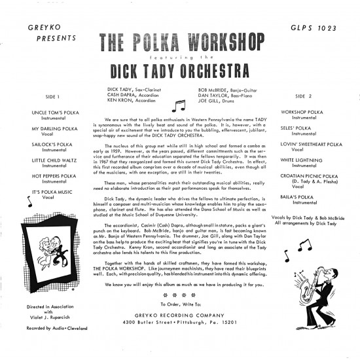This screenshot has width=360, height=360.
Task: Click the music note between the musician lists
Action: coord(178,104)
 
